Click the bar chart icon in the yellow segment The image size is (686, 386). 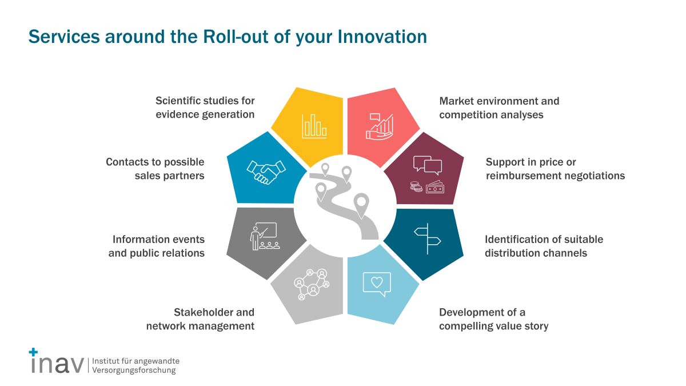click(314, 126)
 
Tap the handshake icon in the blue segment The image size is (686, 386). click(266, 172)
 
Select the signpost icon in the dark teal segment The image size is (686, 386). click(428, 238)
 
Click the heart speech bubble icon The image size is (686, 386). click(377, 284)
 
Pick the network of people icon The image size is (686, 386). click(312, 284)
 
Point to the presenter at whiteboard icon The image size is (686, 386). click(265, 236)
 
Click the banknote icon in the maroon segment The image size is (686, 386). click(435, 187)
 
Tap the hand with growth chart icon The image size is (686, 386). click(380, 127)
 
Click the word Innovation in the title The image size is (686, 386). click(382, 37)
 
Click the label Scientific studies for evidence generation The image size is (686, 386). click(205, 108)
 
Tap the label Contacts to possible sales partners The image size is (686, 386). click(155, 169)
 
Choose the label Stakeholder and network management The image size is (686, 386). click(200, 319)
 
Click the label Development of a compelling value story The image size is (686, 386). click(494, 319)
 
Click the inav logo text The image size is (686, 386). click(57, 364)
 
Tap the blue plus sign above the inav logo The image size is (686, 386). click(33, 352)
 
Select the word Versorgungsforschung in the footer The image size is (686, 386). click(134, 371)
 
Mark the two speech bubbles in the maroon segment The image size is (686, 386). click(428, 165)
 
